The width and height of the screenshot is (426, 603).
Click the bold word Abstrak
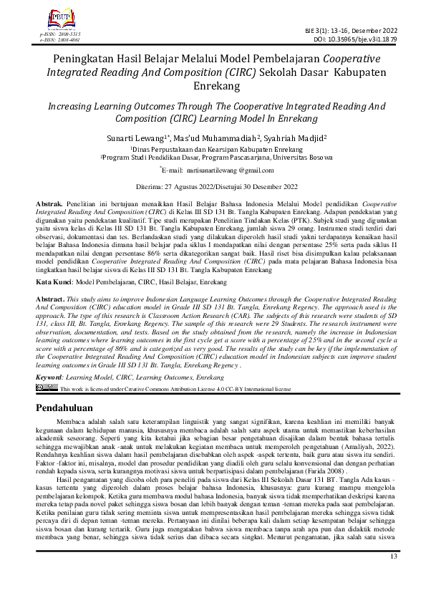tap(49, 205)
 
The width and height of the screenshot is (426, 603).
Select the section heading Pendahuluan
tap(72, 408)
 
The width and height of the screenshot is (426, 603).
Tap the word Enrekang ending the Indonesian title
tap(213, 85)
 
